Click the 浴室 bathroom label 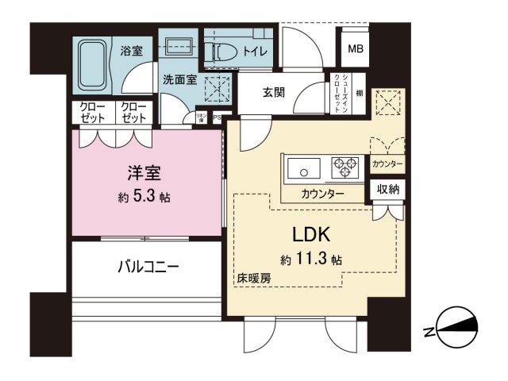tap(132, 52)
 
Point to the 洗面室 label tap(179, 79)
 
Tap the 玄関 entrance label tap(275, 92)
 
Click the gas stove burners tap(346, 167)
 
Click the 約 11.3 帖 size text tap(311, 259)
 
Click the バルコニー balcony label tap(143, 267)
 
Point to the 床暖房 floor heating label tap(252, 279)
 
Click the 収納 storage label tap(388, 190)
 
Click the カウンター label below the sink tap(322, 194)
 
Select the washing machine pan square tap(215, 88)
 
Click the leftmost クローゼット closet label tap(93, 112)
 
